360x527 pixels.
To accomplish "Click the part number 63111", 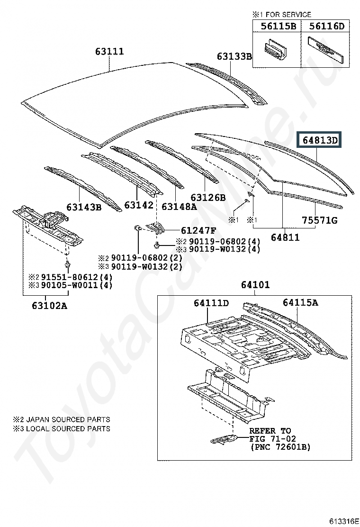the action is (109, 52).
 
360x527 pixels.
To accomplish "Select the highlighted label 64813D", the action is (319, 140).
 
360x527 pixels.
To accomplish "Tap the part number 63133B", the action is (234, 56).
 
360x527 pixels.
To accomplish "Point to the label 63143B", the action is (84, 207).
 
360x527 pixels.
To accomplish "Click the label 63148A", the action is (179, 206).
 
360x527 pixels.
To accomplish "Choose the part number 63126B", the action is (208, 197).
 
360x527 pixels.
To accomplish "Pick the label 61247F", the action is (198, 230).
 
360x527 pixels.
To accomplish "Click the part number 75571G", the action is (320, 220).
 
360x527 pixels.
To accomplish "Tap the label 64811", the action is (285, 237).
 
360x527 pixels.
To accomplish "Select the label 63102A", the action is (49, 306).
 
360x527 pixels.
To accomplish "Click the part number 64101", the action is (255, 285).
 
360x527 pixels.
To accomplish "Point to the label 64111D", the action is (211, 303).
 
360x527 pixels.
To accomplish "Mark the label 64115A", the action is (300, 302).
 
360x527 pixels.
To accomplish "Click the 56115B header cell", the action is (277, 26).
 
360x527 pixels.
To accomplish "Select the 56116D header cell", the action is (325, 26).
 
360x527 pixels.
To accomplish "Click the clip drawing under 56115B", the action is (275, 49).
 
